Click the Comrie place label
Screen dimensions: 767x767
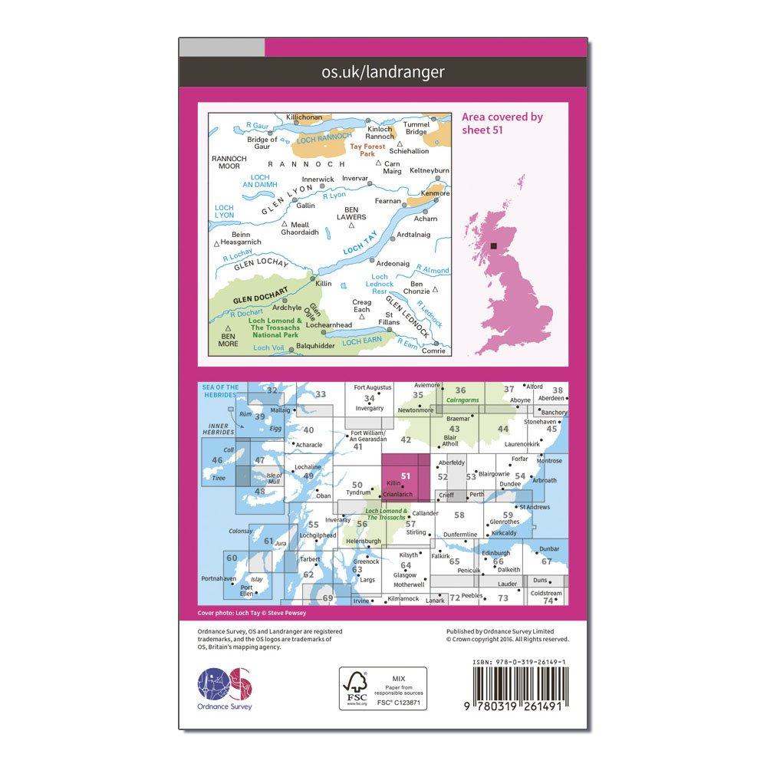(433, 351)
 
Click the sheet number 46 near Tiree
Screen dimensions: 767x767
(217, 460)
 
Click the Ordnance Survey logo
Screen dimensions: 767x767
(225, 683)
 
